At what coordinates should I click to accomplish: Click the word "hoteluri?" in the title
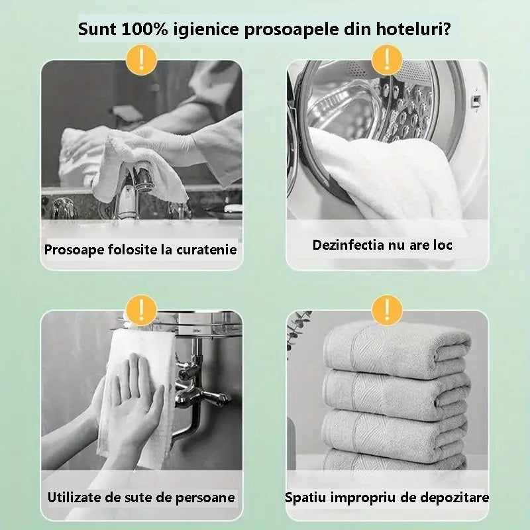[415, 30]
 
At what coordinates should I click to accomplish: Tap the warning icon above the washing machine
[387, 60]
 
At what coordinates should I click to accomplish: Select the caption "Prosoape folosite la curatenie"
[140, 250]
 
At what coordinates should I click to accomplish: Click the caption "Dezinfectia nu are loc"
[382, 245]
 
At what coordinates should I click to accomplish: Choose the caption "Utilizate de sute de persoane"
[141, 497]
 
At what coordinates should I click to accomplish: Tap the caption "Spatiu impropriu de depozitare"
[387, 497]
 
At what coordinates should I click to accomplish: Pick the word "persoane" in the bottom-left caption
[205, 497]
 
